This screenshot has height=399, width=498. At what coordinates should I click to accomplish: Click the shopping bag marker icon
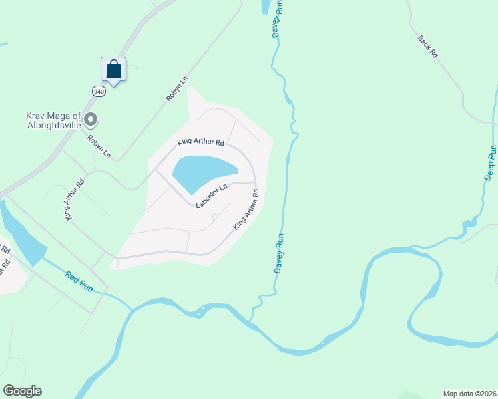[x=113, y=69]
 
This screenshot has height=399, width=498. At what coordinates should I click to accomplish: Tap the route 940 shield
[x=99, y=91]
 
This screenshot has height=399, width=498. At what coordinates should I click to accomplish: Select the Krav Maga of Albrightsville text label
[x=54, y=120]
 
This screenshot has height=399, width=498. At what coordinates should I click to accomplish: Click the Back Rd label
[x=428, y=46]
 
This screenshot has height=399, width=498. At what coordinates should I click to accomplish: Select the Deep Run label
[x=489, y=163]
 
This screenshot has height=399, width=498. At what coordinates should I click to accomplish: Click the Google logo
[x=22, y=391]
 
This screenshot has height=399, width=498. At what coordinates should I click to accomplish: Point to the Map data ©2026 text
[x=470, y=393]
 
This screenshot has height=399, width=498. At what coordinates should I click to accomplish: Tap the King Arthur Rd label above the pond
[x=200, y=142]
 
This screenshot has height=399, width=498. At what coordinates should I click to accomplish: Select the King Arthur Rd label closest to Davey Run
[x=246, y=210]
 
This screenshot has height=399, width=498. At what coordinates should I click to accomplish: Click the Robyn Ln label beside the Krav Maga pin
[x=99, y=147]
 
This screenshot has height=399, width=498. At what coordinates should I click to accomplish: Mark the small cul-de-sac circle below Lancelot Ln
[x=214, y=217]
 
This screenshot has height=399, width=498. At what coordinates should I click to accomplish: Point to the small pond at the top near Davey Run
[x=266, y=7]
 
